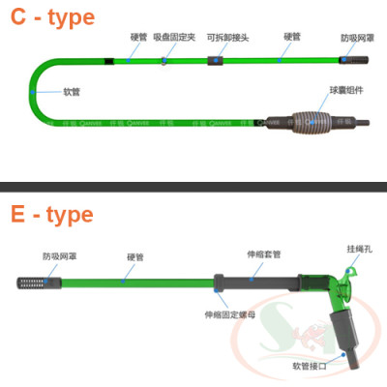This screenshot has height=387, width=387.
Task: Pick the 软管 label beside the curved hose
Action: coord(72,94)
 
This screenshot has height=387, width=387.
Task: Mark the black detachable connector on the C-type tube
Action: coord(217,61)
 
